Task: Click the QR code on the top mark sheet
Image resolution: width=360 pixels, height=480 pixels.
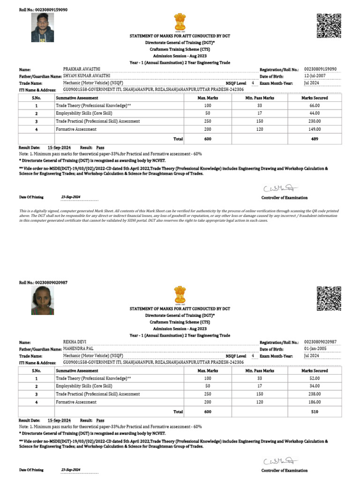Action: [328, 25]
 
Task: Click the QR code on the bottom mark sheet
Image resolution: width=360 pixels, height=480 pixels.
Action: [328, 298]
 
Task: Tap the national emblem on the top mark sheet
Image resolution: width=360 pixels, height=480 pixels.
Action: [180, 22]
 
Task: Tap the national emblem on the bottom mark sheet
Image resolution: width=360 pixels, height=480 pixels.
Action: [180, 295]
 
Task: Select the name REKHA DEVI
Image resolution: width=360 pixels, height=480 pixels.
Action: [75, 342]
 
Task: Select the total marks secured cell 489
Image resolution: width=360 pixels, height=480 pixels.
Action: [315, 139]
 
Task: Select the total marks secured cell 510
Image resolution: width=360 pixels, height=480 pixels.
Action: [315, 412]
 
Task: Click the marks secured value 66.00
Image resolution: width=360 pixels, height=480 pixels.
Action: [315, 105]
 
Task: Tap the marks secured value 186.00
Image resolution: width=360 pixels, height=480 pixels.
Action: [315, 402]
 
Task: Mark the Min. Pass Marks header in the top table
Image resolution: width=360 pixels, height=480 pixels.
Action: [260, 98]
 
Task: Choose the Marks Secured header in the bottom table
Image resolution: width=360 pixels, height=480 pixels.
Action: [315, 371]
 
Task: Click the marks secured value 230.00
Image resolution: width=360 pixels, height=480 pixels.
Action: [315, 121]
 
